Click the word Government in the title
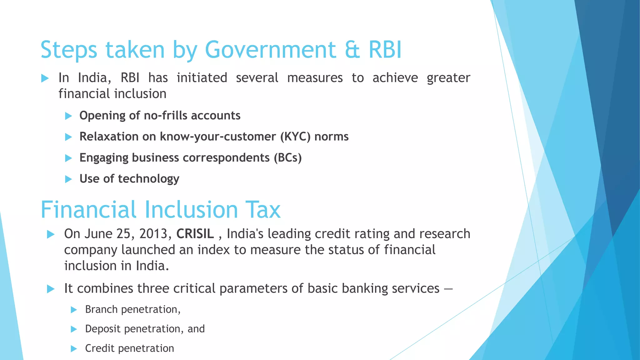(x=270, y=50)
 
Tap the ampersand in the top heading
(x=352, y=50)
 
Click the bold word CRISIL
(x=195, y=234)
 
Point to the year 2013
(x=153, y=234)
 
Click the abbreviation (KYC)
(x=295, y=137)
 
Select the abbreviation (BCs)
(x=287, y=158)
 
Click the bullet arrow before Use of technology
(x=68, y=179)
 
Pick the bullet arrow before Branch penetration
(x=74, y=310)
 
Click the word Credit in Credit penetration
(x=100, y=348)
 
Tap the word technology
(x=149, y=179)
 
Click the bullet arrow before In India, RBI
(x=45, y=78)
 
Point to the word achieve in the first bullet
(x=395, y=78)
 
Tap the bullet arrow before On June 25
(x=51, y=234)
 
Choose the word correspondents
(x=226, y=158)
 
